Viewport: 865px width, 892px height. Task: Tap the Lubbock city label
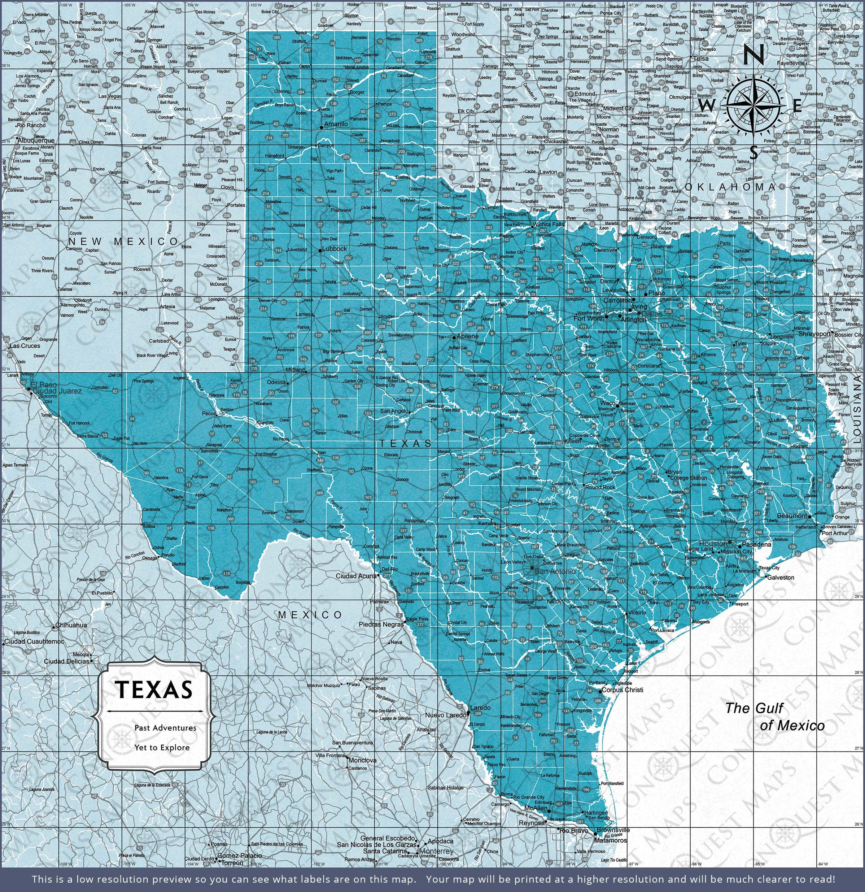[335, 249]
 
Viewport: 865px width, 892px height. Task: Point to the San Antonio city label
[555, 571]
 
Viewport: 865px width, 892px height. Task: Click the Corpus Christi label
[622, 689]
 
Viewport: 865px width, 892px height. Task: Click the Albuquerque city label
[36, 141]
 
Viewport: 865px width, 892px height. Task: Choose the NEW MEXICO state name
[123, 241]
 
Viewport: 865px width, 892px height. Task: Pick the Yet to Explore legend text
[162, 747]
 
